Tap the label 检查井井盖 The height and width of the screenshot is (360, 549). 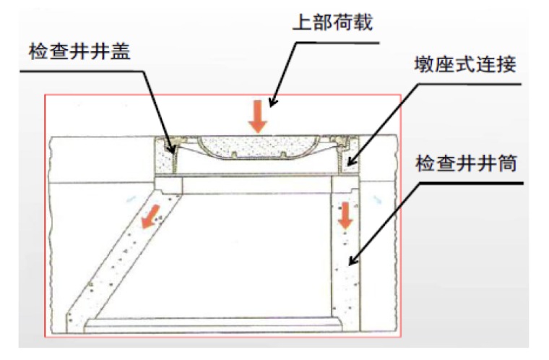click(x=79, y=53)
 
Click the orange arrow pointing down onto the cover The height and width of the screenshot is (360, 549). click(x=257, y=115)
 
